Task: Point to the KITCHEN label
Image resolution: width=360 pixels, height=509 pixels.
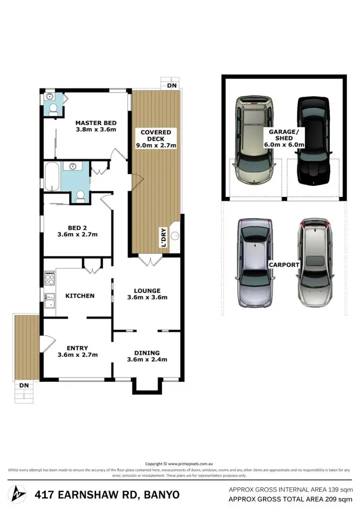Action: pyautogui.click(x=80, y=296)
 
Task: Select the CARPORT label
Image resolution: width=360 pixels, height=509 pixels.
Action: pyautogui.click(x=283, y=265)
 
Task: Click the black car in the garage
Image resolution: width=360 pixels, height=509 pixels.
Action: pyautogui.click(x=313, y=140)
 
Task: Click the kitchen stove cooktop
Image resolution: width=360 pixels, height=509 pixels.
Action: pyautogui.click(x=49, y=277)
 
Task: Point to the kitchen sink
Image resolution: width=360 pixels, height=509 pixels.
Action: pyautogui.click(x=49, y=300)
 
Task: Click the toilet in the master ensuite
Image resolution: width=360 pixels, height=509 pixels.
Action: pyautogui.click(x=53, y=108)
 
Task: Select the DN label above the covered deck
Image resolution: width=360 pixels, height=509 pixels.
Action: pyautogui.click(x=172, y=85)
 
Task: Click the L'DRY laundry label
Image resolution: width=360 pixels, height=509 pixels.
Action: pyautogui.click(x=162, y=238)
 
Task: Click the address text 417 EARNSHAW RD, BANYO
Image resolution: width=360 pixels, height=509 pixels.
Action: pyautogui.click(x=107, y=495)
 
